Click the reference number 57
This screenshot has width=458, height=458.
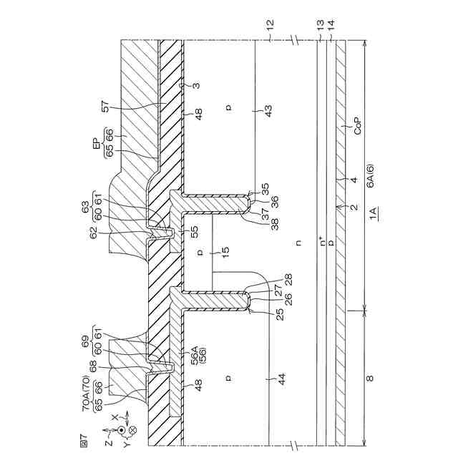coord(105,107)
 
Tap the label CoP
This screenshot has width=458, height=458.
coord(358,126)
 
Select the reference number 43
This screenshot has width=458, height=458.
coord(268,111)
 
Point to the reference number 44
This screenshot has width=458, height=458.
coord(281,379)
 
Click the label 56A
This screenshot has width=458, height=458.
coord(194,355)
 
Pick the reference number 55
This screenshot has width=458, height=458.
coord(194,232)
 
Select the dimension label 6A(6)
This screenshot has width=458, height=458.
coord(371,175)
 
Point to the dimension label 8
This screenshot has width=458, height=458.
coord(370,379)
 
